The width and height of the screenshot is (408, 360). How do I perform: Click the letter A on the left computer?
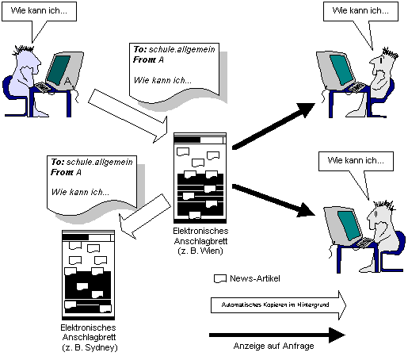coord(68,81)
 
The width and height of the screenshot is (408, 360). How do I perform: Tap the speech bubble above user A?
coord(39,11)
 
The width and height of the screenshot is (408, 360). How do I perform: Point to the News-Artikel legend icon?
coord(220,278)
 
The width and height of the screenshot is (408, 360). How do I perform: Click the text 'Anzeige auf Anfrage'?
coord(273,346)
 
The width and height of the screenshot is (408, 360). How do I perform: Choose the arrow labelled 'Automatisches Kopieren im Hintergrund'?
coord(278,305)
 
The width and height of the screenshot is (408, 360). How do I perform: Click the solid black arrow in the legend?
coord(277,335)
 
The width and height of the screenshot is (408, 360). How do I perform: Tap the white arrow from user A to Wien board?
coord(128,115)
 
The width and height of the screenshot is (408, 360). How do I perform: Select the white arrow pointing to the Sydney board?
coord(145,216)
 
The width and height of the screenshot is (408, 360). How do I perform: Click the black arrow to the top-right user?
coord(273,126)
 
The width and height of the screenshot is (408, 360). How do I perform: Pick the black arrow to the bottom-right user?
coord(273,200)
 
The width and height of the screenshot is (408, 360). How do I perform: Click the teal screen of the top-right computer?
coord(341,70)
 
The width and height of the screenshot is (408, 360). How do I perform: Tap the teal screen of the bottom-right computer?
coord(349,225)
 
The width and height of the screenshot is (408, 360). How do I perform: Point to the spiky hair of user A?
coord(24,49)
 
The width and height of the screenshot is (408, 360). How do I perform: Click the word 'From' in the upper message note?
coord(144,59)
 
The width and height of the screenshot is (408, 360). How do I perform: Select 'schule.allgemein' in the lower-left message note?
coord(100,162)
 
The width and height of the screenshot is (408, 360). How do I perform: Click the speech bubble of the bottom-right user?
coord(356,161)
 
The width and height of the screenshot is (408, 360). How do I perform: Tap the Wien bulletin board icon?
coord(200,178)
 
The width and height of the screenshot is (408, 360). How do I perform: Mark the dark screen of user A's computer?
coord(58,70)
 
